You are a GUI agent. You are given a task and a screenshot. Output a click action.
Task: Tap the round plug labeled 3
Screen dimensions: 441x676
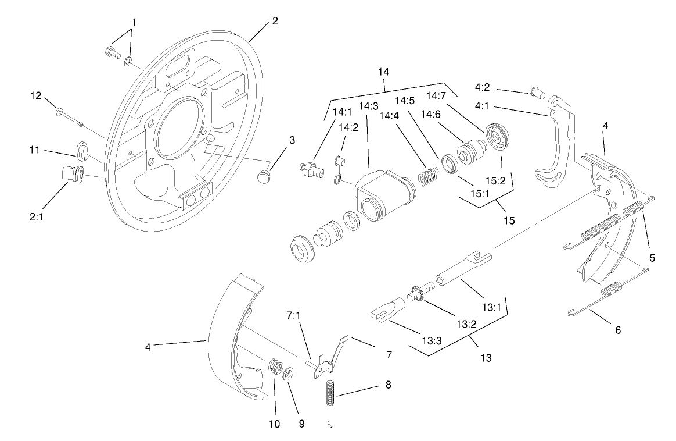264,175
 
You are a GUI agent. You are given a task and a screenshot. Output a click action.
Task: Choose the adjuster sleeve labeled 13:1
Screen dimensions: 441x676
459,268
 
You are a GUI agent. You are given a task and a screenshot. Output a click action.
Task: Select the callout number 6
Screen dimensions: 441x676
617,329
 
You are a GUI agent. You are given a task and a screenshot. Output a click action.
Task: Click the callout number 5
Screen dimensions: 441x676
653,258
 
